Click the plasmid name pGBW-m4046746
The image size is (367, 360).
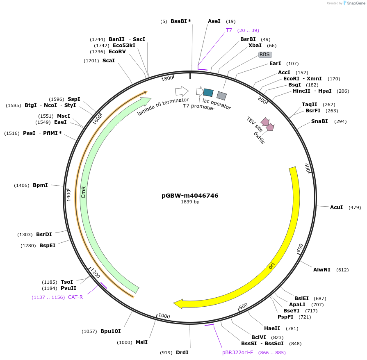[190, 196]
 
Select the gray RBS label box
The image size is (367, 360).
[265, 54]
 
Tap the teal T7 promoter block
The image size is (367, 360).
[208, 93]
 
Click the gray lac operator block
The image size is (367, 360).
[222, 96]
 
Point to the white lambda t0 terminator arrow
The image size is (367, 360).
[181, 91]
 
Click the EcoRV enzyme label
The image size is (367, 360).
[117, 52]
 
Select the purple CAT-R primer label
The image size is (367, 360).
[75, 297]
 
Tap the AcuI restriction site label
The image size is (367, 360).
[336, 207]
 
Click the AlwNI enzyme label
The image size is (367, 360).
[322, 270]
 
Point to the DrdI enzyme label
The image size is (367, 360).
[182, 353]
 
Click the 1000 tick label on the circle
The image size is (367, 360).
[164, 316]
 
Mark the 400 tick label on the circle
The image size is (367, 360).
[307, 168]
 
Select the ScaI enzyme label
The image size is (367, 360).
[109, 61]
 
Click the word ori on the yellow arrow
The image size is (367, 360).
[271, 266]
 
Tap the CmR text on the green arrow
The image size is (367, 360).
[84, 192]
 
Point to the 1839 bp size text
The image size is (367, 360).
[190, 202]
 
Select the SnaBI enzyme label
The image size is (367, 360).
[319, 121]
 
